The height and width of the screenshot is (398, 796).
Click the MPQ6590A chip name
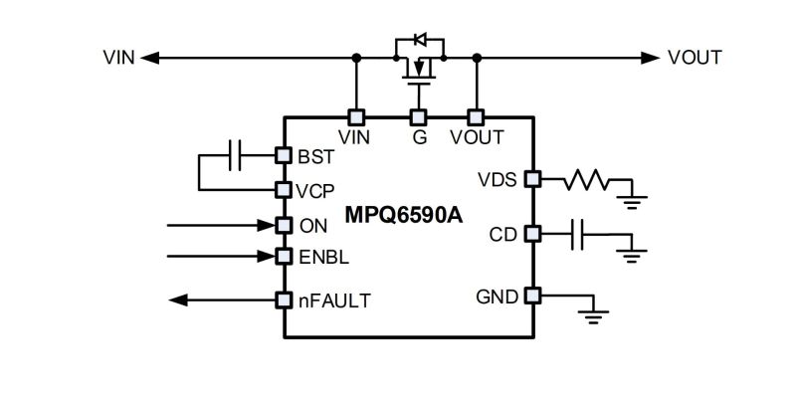click(x=404, y=215)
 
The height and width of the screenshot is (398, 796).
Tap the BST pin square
click(x=284, y=155)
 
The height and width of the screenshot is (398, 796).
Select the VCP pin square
click(x=284, y=190)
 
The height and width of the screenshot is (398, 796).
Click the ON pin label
click(x=313, y=227)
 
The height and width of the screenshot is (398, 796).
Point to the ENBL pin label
click(x=324, y=258)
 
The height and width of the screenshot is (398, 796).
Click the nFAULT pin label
click(x=334, y=301)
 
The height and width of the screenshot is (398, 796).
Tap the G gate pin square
click(x=418, y=117)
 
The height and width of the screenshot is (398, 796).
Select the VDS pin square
click(x=532, y=179)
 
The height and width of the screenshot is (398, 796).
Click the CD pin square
click(x=532, y=234)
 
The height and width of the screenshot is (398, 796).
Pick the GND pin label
click(x=497, y=297)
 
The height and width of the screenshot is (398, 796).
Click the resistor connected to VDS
click(x=586, y=180)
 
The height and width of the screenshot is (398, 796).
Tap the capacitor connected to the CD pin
click(x=577, y=235)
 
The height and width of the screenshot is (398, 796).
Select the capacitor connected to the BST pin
click(x=235, y=155)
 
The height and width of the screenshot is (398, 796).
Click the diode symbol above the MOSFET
click(x=420, y=39)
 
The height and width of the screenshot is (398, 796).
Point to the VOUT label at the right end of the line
click(x=695, y=58)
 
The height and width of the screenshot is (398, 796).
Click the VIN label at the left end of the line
click(x=118, y=58)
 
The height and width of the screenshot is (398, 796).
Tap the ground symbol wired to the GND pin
click(x=593, y=316)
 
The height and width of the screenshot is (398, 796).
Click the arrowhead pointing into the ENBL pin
click(x=266, y=257)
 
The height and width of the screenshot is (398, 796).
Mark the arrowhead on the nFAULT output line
click(x=178, y=300)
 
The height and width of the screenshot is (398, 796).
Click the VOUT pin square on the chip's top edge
click(x=476, y=117)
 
